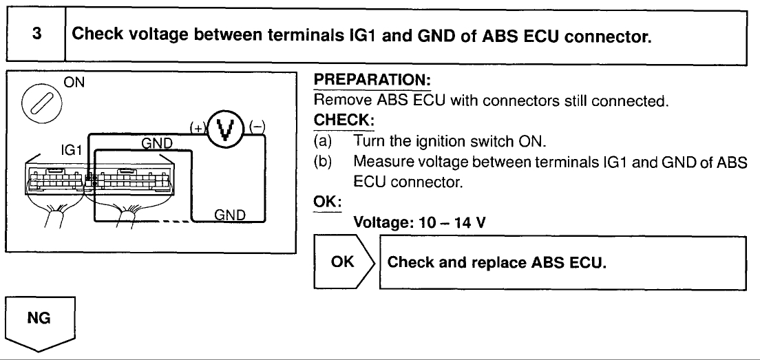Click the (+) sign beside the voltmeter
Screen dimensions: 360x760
pos(196,127)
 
